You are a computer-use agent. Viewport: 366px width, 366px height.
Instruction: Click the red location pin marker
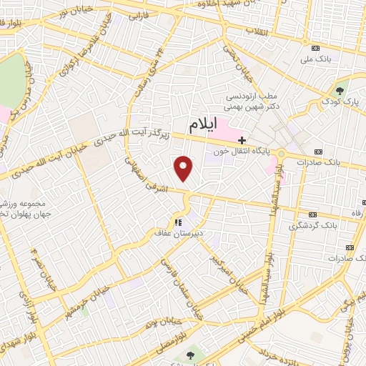click(184, 169)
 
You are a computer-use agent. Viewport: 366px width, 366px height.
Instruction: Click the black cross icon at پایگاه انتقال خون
click(242, 139)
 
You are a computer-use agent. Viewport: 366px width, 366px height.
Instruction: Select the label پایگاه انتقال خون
click(244, 152)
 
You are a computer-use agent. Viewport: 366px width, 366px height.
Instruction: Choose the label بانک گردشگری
click(313, 225)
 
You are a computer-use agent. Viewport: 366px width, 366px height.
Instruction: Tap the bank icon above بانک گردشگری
click(312, 214)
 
